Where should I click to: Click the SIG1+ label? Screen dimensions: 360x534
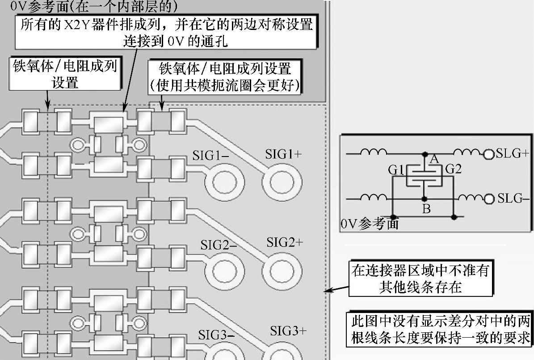[x=283, y=154]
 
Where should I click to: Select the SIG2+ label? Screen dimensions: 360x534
[x=285, y=242]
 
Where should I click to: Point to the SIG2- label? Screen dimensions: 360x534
[x=219, y=245]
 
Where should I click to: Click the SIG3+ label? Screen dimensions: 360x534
[x=288, y=331]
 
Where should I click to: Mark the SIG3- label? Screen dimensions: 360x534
[x=217, y=335]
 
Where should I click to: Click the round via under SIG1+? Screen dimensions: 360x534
[x=282, y=182]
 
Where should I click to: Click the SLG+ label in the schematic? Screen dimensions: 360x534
[x=513, y=154]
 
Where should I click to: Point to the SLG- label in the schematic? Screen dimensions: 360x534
[x=513, y=198]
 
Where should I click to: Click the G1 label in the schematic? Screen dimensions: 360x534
[x=396, y=169]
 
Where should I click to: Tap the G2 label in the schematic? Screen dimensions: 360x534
[x=453, y=169]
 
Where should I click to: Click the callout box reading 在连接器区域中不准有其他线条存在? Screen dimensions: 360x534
[x=420, y=279]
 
